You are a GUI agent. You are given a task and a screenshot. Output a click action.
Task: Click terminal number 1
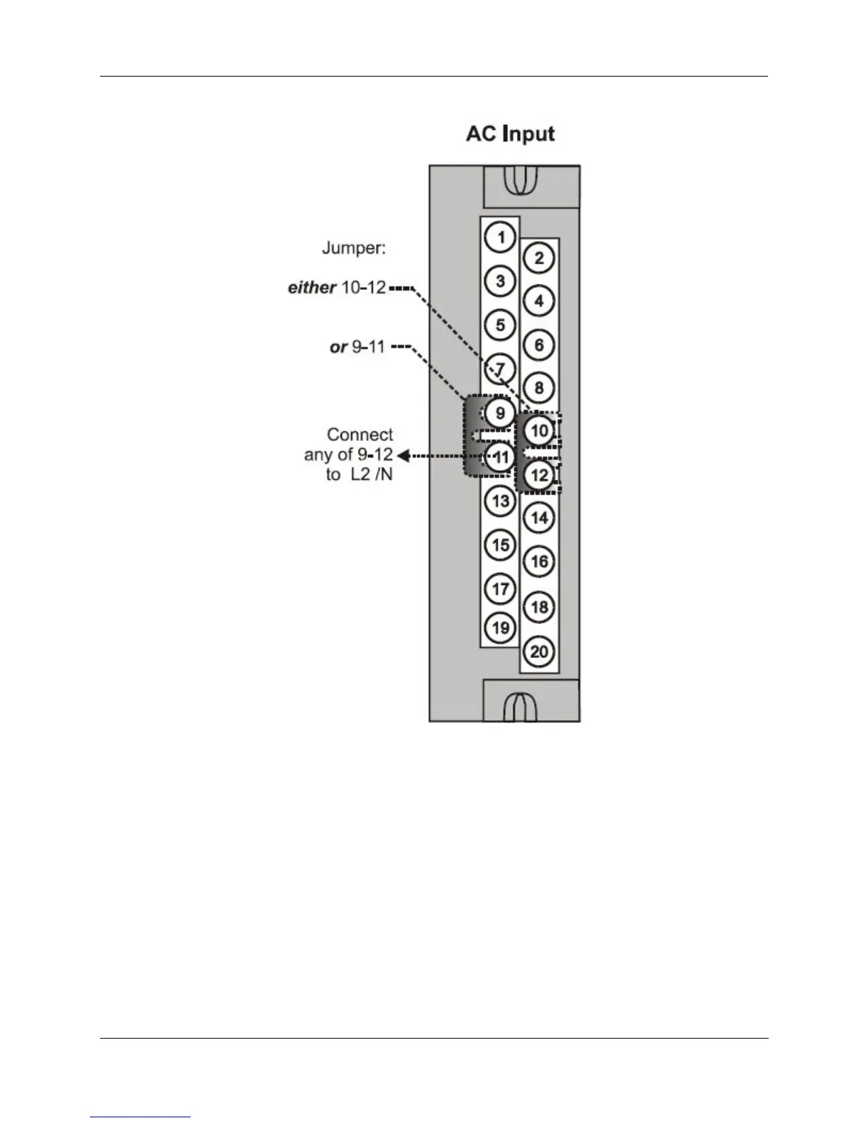pyautogui.click(x=501, y=237)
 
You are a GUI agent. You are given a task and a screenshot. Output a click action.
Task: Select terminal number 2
pyautogui.click(x=539, y=258)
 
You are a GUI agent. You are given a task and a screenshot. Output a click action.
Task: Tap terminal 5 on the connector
pyautogui.click(x=501, y=325)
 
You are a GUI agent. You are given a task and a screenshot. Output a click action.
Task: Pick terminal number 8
pyautogui.click(x=539, y=388)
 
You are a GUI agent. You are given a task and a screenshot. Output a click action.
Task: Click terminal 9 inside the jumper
pyautogui.click(x=501, y=413)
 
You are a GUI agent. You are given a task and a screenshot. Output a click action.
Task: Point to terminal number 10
pyautogui.click(x=539, y=430)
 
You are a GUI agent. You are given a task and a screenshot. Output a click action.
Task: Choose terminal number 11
pyautogui.click(x=501, y=457)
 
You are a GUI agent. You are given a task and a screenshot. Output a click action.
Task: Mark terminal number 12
pyautogui.click(x=539, y=474)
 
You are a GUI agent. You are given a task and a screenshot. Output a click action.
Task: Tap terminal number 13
pyautogui.click(x=501, y=501)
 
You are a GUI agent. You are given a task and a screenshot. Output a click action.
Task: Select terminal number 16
pyautogui.click(x=539, y=561)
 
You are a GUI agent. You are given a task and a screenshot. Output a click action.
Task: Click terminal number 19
pyautogui.click(x=501, y=627)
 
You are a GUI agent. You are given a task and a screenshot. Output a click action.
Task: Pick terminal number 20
pyautogui.click(x=539, y=651)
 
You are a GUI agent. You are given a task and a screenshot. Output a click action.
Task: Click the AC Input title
pyautogui.click(x=510, y=134)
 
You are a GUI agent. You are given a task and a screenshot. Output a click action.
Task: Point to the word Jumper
pyautogui.click(x=354, y=249)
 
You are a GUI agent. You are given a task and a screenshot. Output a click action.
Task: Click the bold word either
pyautogui.click(x=311, y=287)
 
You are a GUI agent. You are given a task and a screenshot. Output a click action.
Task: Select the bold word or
pyautogui.click(x=339, y=347)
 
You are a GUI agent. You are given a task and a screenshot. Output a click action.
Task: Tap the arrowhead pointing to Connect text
pyautogui.click(x=403, y=455)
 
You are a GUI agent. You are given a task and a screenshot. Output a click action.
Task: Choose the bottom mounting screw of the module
pyautogui.click(x=520, y=706)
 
